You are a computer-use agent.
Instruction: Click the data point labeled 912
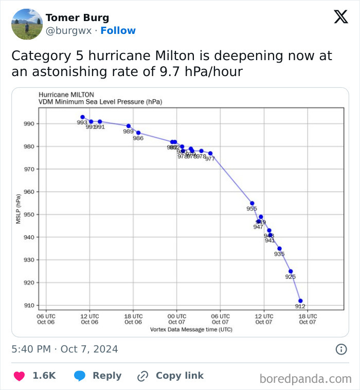(x=300, y=301)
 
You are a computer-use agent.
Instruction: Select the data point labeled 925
(x=291, y=271)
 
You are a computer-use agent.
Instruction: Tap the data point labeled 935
(x=279, y=249)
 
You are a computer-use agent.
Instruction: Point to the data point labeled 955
(x=252, y=203)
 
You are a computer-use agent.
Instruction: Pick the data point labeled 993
(x=82, y=117)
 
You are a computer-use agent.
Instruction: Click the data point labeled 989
(x=129, y=126)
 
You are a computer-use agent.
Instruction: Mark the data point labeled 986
(x=138, y=133)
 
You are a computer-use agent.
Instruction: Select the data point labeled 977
(x=210, y=154)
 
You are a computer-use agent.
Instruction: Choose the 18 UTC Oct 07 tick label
(x=307, y=319)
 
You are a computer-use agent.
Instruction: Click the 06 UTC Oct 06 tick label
(x=46, y=319)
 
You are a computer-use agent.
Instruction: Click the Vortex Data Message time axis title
(x=184, y=329)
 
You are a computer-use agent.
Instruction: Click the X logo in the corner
(x=340, y=17)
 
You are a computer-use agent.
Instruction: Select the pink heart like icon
(x=19, y=376)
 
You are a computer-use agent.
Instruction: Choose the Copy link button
(x=171, y=376)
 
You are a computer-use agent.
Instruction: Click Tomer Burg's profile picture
(x=27, y=24)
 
